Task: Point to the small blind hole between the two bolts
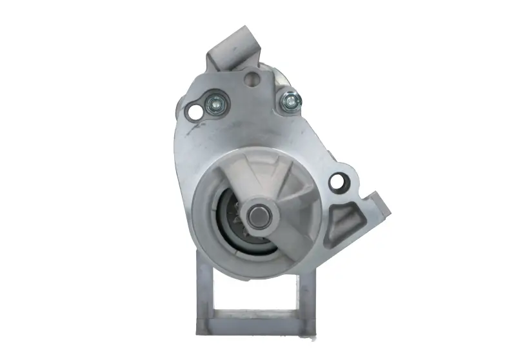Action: (252, 79)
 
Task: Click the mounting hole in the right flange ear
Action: (336, 183)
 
